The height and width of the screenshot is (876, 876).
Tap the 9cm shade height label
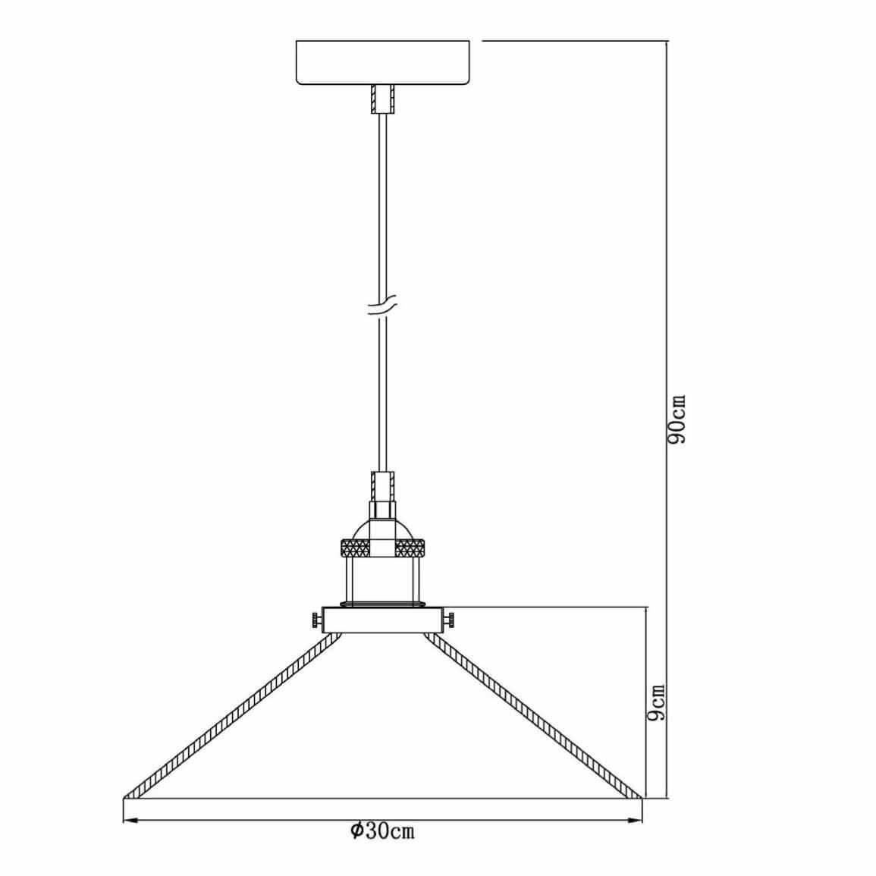[x=657, y=702]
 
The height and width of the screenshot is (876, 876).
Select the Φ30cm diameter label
[x=383, y=830]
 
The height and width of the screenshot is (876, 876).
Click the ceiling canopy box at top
[x=383, y=62]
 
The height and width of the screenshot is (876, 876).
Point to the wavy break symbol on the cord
[x=383, y=305]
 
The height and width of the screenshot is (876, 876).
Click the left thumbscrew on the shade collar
[x=316, y=620]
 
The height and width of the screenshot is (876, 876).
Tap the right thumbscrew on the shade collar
[x=448, y=620]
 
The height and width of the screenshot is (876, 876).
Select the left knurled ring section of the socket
[x=355, y=548]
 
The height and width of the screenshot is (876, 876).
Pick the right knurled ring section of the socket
[x=410, y=548]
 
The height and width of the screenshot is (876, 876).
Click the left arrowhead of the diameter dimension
[x=130, y=821]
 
